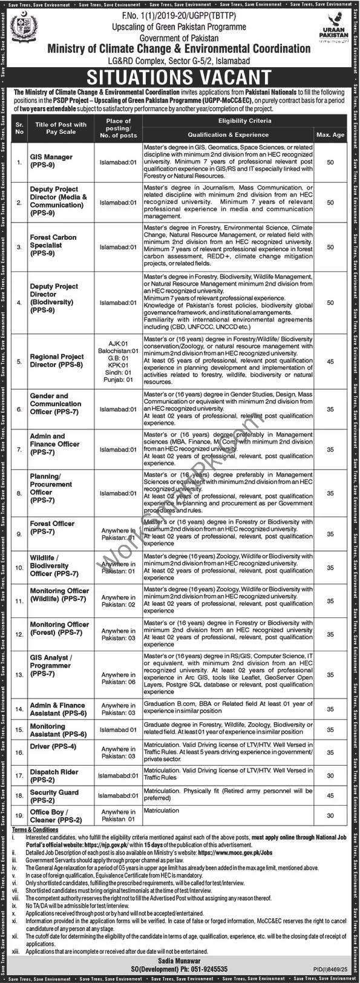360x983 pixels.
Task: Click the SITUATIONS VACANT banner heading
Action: [x=180, y=77]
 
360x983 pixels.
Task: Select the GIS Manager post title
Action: [x=51, y=160]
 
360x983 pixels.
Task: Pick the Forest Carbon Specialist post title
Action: [x=53, y=245]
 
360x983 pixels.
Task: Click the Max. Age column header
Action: [x=330, y=134]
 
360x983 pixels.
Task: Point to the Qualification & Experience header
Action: [x=227, y=134]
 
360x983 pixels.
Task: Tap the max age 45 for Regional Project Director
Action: [x=330, y=361]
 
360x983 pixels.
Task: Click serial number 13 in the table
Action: [x=19, y=675]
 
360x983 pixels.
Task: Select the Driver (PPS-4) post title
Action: [x=53, y=747]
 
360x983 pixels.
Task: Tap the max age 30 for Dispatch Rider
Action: [x=330, y=775]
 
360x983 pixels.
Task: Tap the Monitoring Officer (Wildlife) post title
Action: [x=59, y=594]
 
